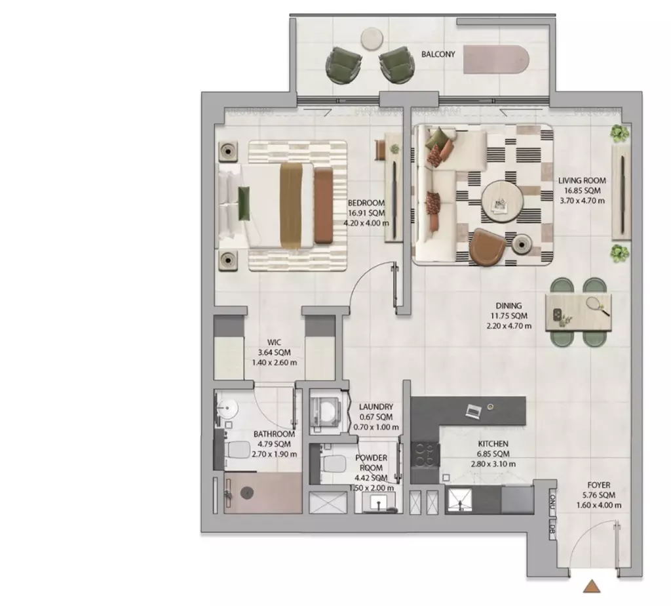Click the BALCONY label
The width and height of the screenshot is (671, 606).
click(438, 54)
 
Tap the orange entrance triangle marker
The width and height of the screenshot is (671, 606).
click(592, 587)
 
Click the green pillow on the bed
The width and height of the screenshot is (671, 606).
click(244, 203)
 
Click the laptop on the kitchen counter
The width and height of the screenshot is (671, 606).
click(473, 411)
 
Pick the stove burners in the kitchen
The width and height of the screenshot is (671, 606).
click(425, 455)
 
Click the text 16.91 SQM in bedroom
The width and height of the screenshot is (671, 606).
click(366, 213)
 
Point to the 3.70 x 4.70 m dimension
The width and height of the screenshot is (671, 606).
click(582, 201)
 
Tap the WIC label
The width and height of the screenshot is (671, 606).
click(274, 342)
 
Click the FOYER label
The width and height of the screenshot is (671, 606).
click(599, 485)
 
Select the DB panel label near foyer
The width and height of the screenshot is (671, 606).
click(552, 530)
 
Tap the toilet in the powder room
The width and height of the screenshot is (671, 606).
click(333, 463)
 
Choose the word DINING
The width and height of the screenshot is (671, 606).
click(508, 306)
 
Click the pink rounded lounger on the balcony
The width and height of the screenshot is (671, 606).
click(497, 60)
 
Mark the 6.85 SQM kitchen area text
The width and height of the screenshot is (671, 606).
click(493, 454)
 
